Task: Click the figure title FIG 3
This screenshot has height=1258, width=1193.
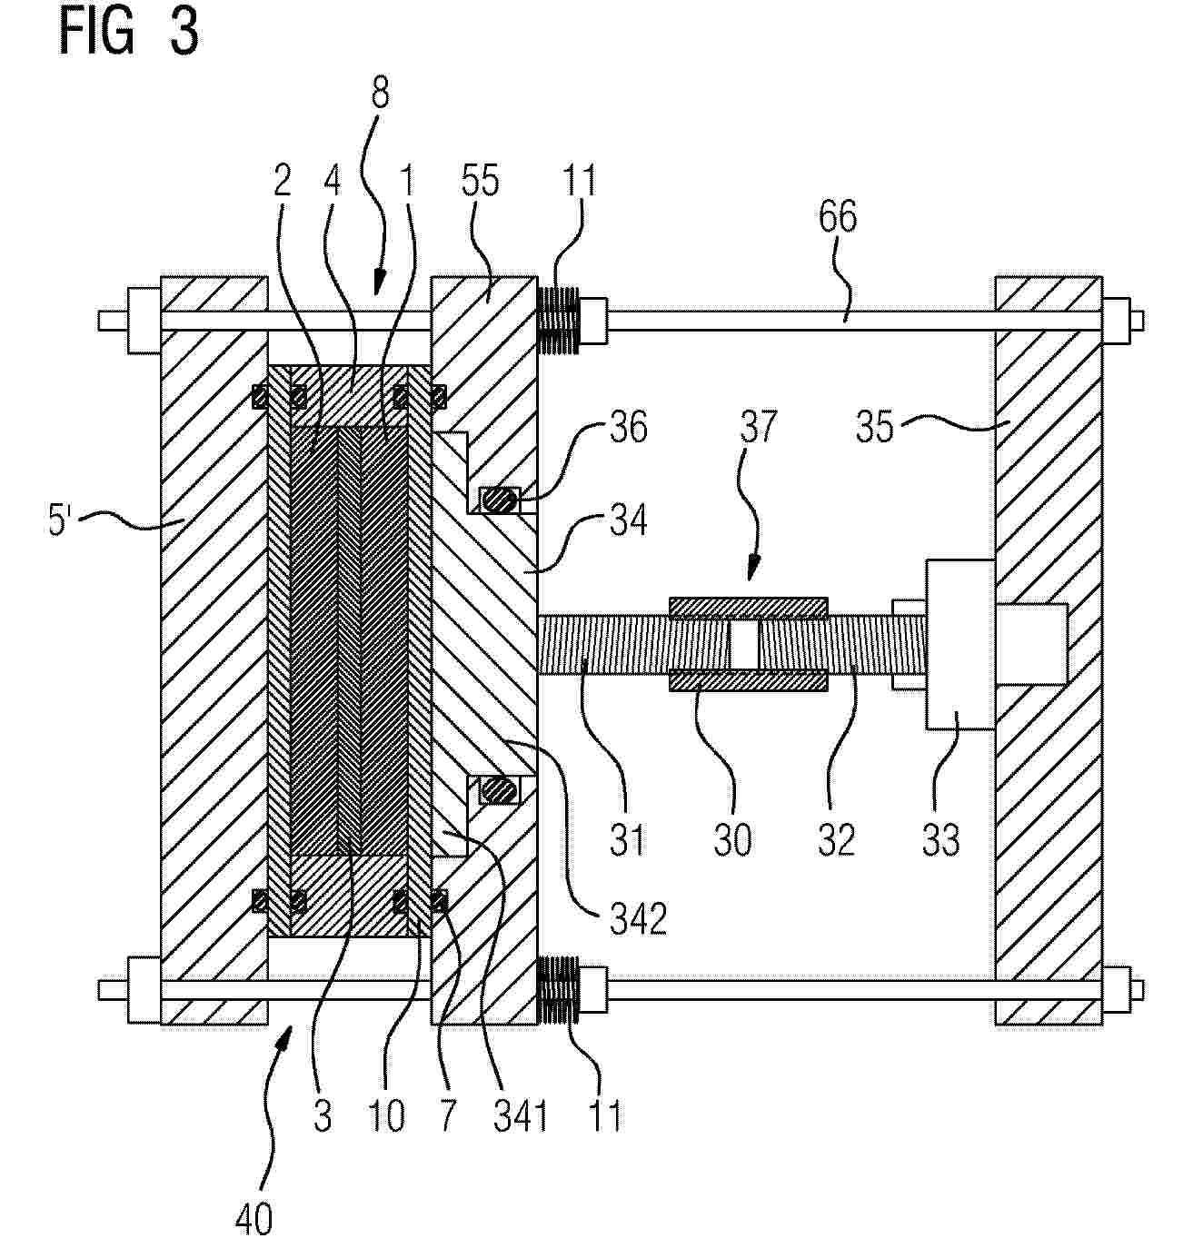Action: tap(128, 31)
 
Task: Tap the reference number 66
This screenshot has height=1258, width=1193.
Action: tap(838, 217)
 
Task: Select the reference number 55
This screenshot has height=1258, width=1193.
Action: tap(481, 180)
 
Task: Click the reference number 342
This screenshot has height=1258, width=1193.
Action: tap(638, 919)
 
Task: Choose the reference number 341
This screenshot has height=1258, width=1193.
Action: tap(520, 1116)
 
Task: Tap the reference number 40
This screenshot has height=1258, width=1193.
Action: tap(254, 1219)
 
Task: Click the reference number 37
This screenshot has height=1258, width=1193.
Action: tap(758, 426)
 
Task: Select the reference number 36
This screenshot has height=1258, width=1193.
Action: tap(628, 427)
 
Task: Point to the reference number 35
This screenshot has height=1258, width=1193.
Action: tap(875, 427)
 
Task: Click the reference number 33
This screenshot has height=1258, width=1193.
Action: tap(940, 839)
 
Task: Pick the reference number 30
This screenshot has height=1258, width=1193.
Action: tap(732, 839)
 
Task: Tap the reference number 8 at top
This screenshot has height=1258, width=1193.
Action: tap(380, 93)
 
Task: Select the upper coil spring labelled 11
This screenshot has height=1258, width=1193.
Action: tap(559, 320)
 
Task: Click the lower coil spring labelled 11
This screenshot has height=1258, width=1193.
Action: tap(559, 990)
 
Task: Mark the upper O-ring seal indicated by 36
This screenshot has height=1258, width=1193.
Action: tap(500, 500)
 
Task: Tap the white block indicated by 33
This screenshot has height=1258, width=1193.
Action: tap(959, 644)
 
